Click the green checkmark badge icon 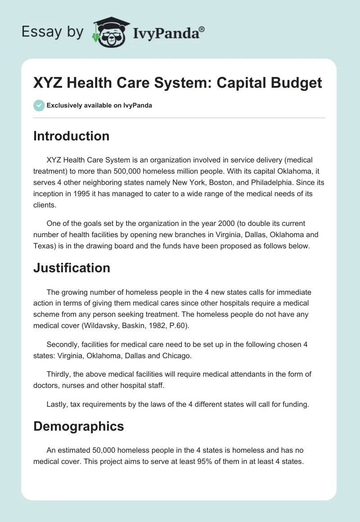(x=39, y=105)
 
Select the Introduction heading (x=71, y=136)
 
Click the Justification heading (x=72, y=268)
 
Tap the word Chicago (x=175, y=356)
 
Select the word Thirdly (x=59, y=374)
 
